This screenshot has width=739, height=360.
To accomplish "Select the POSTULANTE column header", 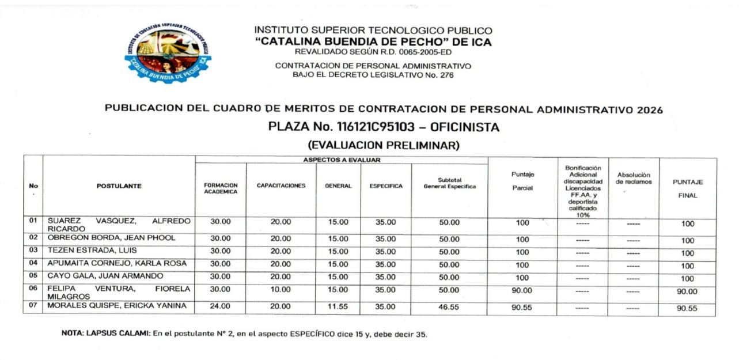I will (119, 186).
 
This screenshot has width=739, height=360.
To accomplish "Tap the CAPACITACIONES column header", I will (281, 186).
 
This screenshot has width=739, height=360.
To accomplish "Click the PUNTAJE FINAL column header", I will (688, 188).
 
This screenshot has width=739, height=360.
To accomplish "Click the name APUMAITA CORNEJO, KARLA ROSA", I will (117, 263).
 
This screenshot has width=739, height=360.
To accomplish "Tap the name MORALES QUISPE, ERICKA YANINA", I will (117, 306).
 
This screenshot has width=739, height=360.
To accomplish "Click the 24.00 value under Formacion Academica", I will (220, 306).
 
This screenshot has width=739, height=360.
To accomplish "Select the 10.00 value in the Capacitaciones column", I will (281, 290).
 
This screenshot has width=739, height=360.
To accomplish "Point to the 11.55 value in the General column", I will (338, 306).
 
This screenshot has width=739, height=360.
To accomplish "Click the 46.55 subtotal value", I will (449, 307).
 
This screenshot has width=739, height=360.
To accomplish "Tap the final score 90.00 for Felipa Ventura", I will (687, 292).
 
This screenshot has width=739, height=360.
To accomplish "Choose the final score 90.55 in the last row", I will (687, 308).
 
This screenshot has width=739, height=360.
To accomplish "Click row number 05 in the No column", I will (33, 276).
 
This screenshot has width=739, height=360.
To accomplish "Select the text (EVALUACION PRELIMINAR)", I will (384, 145).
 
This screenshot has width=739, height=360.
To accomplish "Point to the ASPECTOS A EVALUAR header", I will (342, 160).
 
